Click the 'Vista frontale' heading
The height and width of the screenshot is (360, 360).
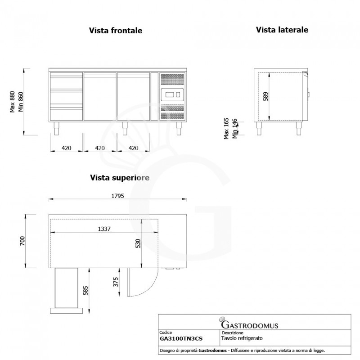(116, 31)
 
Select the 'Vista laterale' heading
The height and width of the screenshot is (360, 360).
(282, 30)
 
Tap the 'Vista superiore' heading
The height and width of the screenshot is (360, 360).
(120, 178)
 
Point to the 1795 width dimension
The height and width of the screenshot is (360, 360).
(117, 196)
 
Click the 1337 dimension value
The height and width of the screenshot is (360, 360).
(104, 229)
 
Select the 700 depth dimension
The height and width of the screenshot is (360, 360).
(22, 241)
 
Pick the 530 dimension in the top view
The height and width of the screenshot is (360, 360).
(138, 243)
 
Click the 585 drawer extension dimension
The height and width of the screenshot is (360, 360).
(85, 290)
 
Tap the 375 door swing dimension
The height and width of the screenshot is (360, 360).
(116, 282)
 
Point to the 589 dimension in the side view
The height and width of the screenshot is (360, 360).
(265, 96)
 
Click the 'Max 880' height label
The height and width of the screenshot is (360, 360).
(13, 102)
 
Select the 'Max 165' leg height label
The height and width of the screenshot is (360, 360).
(226, 128)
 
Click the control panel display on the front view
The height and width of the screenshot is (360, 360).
(172, 94)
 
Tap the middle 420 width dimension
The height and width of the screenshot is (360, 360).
(100, 148)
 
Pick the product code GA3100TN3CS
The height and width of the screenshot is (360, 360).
(181, 339)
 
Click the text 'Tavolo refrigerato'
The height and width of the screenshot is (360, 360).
(242, 338)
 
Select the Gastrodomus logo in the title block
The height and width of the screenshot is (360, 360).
(249, 323)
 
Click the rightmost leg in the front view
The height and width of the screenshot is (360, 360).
(179, 128)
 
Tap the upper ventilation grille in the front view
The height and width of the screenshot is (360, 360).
(172, 79)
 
